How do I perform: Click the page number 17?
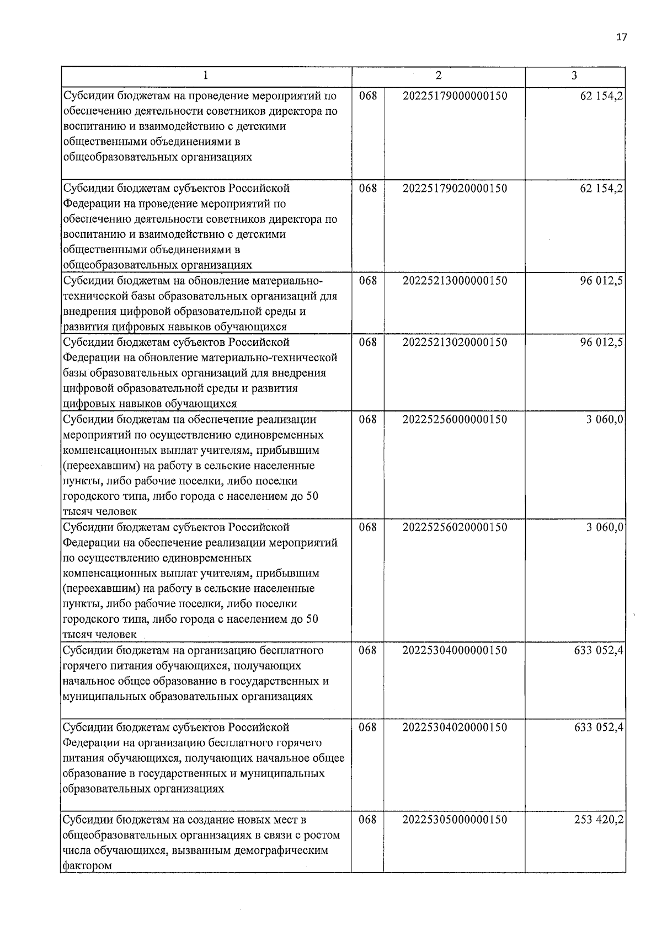(621, 38)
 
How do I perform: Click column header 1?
(206, 76)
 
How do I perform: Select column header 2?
(438, 76)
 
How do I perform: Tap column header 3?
(574, 76)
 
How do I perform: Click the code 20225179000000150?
(455, 96)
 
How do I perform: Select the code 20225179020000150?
(455, 189)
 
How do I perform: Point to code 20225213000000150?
(455, 281)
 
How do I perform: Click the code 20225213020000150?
(455, 343)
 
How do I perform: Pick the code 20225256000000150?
(455, 420)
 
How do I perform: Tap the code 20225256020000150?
(455, 527)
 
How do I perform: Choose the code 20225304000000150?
(455, 651)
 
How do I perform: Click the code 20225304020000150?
(455, 728)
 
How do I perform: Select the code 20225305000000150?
(455, 820)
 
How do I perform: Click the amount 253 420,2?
(599, 820)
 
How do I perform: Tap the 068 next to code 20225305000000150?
(367, 820)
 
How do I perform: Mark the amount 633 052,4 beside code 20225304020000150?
(599, 728)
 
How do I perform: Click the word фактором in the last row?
(87, 866)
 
